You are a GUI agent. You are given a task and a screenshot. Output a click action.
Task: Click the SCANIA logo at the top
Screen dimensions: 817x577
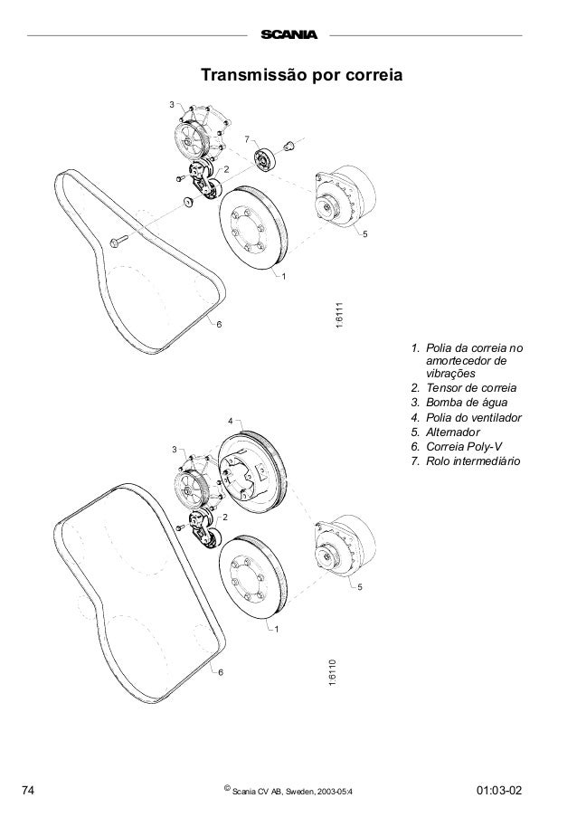point(289,36)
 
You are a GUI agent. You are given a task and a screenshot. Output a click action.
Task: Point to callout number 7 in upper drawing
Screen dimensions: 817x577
point(244,138)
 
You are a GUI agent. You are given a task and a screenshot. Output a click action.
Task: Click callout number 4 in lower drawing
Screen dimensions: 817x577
point(230,422)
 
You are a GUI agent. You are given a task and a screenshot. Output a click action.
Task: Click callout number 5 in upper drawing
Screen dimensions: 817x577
point(364,235)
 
